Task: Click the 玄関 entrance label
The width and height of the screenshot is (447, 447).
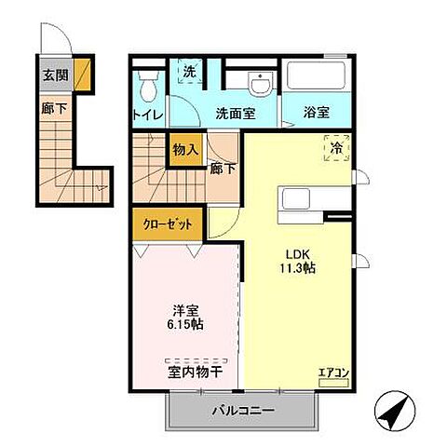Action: tap(52, 75)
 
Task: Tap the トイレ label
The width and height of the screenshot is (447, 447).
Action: tap(147, 115)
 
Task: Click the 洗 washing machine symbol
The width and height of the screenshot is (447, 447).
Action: tap(189, 72)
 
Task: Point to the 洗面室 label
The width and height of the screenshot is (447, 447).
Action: tap(236, 114)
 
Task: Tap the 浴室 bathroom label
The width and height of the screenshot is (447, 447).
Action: tap(317, 114)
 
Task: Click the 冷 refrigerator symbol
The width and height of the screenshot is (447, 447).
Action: tap(334, 148)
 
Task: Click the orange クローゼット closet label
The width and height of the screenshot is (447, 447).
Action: tap(169, 223)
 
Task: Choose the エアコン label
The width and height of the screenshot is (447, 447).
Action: tap(332, 373)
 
